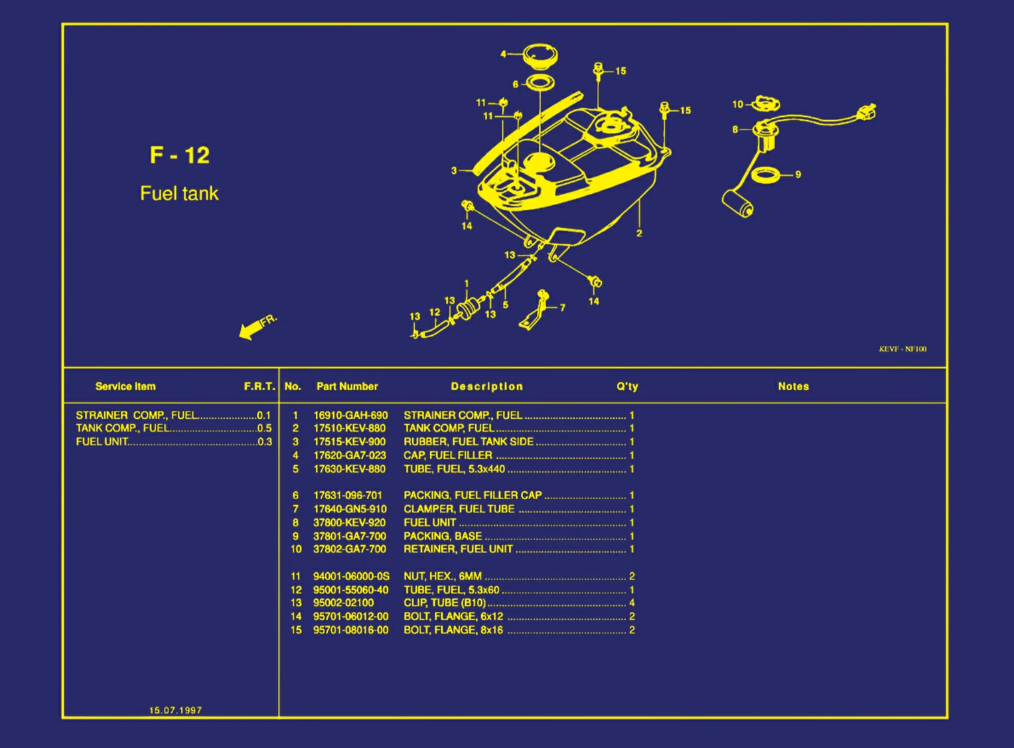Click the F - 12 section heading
tap(179, 155)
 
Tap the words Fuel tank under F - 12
tap(179, 193)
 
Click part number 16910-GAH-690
tap(350, 415)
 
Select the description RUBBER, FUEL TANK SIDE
tap(469, 442)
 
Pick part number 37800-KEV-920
tap(349, 523)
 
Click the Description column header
tap(486, 386)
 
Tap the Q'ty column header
tap(627, 386)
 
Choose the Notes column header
tap(793, 386)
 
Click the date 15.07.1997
tap(175, 710)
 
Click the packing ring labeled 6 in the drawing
tap(540, 84)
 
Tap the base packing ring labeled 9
tap(766, 175)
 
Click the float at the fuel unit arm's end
tap(737, 203)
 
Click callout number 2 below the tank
tap(639, 234)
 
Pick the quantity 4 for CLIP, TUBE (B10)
tap(632, 603)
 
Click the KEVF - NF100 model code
tap(903, 349)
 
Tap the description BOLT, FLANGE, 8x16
tap(453, 631)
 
